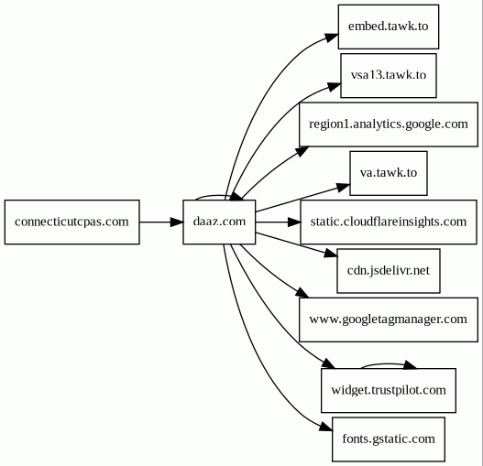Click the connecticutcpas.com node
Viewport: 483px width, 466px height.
point(71,222)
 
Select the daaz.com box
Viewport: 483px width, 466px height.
point(219,222)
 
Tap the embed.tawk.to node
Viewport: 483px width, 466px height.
point(388,27)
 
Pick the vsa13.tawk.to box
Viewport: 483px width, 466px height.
point(388,76)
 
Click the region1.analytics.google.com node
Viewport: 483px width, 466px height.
point(388,125)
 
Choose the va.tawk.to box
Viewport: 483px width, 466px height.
point(388,173)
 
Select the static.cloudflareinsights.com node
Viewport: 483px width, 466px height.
point(388,222)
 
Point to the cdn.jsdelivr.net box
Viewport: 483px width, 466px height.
point(388,271)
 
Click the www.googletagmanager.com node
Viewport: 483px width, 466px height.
point(388,320)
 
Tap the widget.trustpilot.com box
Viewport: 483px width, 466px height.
point(388,390)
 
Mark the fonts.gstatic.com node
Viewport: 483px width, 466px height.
point(388,439)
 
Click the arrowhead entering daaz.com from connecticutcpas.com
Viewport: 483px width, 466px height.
point(177,222)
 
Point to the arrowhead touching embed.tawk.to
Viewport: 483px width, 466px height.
point(332,38)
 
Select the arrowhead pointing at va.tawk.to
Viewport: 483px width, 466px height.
point(343,187)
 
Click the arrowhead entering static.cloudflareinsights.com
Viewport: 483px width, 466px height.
point(294,222)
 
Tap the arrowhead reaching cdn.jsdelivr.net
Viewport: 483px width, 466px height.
point(331,254)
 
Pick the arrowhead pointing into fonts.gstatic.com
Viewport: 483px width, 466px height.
point(326,427)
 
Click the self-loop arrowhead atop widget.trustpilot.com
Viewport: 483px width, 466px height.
point(410,364)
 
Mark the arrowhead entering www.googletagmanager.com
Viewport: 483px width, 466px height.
point(302,293)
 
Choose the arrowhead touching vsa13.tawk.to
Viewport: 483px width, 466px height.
point(334,86)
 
